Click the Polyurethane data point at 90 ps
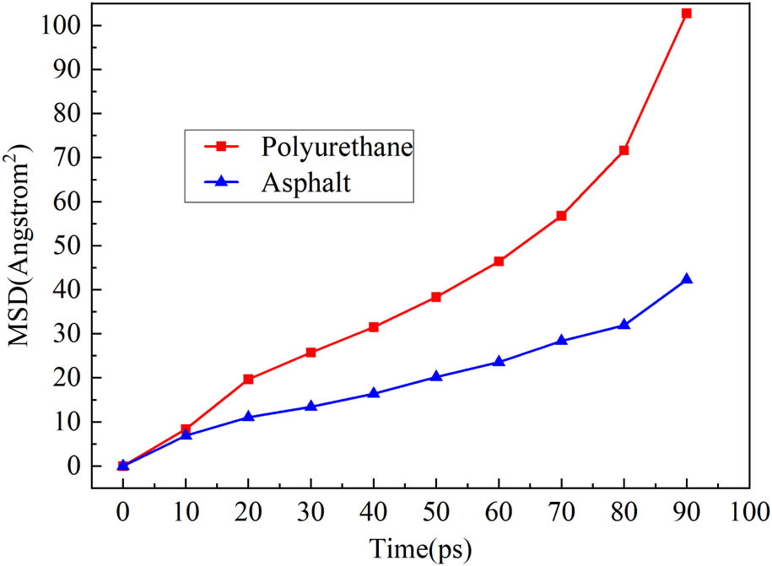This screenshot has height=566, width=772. click(686, 13)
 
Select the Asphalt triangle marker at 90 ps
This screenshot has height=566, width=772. click(686, 279)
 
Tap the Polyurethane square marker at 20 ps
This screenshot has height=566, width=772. click(248, 380)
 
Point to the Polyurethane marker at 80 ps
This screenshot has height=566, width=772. click(624, 150)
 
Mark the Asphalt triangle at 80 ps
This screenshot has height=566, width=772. click(624, 325)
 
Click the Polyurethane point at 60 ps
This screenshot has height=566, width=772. click(499, 261)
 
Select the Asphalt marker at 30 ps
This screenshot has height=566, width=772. click(310, 407)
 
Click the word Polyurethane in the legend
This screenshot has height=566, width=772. click(337, 147)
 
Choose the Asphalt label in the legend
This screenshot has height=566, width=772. click(305, 184)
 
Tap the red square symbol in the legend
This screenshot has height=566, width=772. click(221, 147)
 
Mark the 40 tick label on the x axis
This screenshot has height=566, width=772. click(374, 511)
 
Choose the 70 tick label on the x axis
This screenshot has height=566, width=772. click(561, 511)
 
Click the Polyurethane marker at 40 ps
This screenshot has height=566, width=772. click(374, 327)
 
